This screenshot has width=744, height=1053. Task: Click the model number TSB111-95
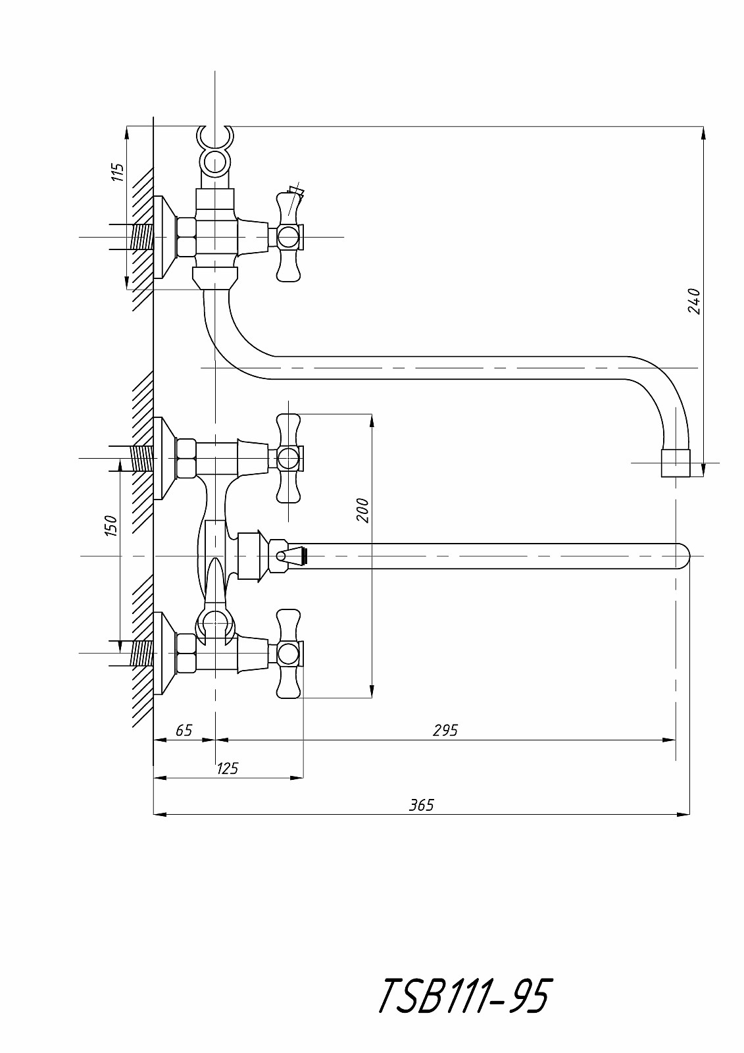point(463,996)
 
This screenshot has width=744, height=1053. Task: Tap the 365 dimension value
point(422,804)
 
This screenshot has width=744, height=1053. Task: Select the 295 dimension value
point(445,729)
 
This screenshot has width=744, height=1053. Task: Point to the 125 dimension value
point(227,767)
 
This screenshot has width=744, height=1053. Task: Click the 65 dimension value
point(184,730)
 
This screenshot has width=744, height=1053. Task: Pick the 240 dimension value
point(694,301)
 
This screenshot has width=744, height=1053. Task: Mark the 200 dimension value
point(363,510)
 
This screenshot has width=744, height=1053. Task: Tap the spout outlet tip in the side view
point(676,463)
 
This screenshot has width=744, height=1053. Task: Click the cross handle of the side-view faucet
point(289,236)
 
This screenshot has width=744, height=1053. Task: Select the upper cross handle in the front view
point(289,457)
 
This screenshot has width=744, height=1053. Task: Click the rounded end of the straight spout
point(682,556)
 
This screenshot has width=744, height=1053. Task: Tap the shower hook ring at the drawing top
point(214,139)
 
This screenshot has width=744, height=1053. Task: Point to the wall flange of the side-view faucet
point(164,237)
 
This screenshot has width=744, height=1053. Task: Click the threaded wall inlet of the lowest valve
point(141,654)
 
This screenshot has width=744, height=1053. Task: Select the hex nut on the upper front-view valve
point(186,457)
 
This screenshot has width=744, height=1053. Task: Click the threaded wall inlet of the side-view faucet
point(141,236)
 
